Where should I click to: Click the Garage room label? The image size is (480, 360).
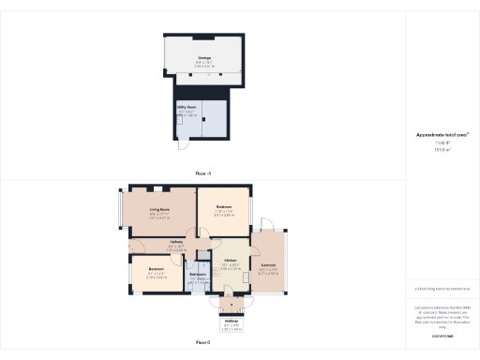[203, 58]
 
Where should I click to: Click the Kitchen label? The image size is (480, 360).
[231, 260]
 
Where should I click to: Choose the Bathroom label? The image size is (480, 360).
[197, 274]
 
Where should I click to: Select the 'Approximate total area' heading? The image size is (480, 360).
[442, 135]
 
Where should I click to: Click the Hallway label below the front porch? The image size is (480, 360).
[232, 321]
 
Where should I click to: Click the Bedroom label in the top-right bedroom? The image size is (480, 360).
[224, 206]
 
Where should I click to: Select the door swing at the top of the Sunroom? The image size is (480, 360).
[268, 228]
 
